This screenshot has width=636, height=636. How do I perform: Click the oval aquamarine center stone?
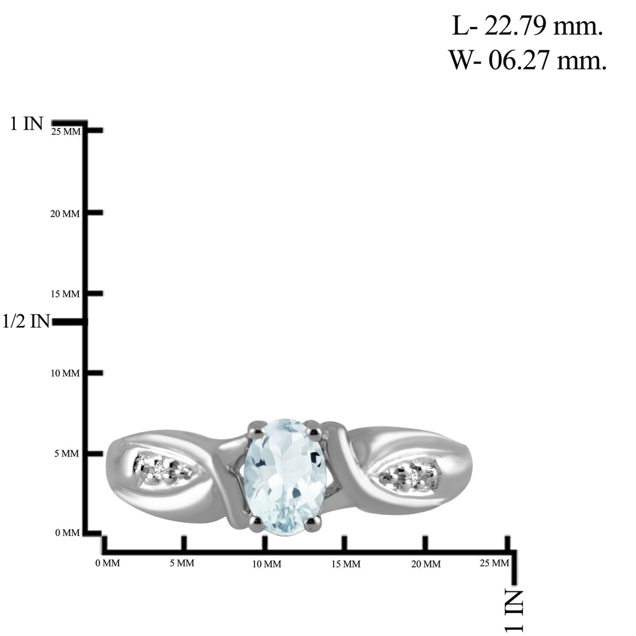(285, 477)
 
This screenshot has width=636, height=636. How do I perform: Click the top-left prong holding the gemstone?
(255, 430)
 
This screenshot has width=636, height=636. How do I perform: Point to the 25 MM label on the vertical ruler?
(66, 132)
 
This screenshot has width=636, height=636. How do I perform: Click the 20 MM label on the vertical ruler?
(65, 214)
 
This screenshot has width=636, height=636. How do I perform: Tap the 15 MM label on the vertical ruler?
(65, 294)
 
